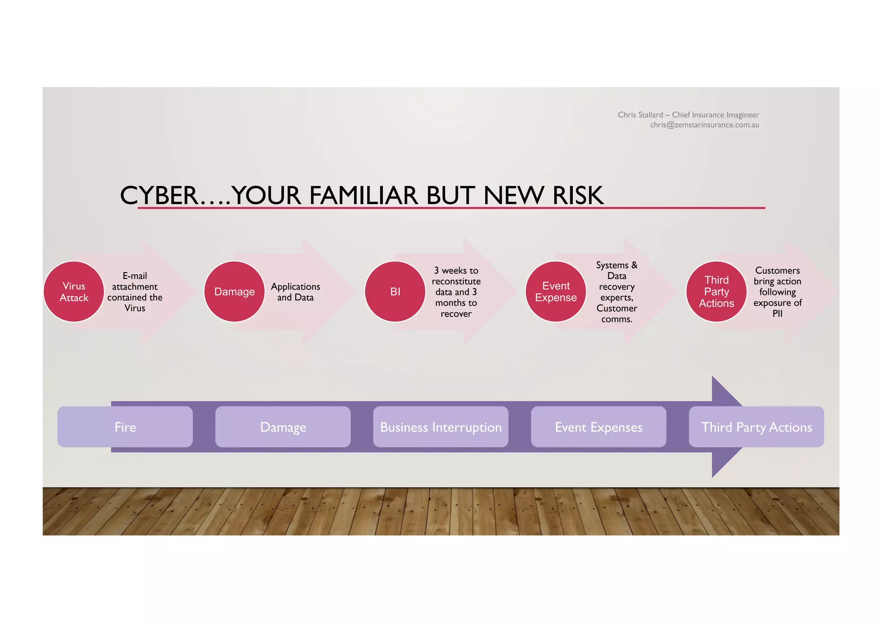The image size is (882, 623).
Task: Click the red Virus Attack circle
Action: coord(74,291)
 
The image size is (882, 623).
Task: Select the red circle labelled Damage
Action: coord(234,291)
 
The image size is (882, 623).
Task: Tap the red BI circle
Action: coord(395,291)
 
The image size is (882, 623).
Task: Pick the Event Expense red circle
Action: coord(556,291)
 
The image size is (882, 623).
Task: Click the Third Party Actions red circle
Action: coord(716,291)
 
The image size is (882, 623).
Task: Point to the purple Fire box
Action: coord(125,427)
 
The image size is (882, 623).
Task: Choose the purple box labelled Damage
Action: coord(283,427)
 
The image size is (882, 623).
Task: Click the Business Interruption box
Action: coord(441,427)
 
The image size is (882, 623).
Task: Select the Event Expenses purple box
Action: coord(599,427)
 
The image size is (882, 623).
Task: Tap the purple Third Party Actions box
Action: coord(756,427)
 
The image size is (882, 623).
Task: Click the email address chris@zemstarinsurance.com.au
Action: coord(704,125)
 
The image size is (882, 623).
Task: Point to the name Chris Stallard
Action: coord(640,115)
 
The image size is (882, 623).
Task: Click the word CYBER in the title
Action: coord(158,195)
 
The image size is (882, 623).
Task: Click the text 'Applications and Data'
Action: coord(295,292)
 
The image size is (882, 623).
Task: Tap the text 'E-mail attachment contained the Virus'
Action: coord(135,292)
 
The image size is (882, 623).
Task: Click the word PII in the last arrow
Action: coord(777,313)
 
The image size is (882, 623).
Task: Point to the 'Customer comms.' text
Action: coord(617,313)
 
